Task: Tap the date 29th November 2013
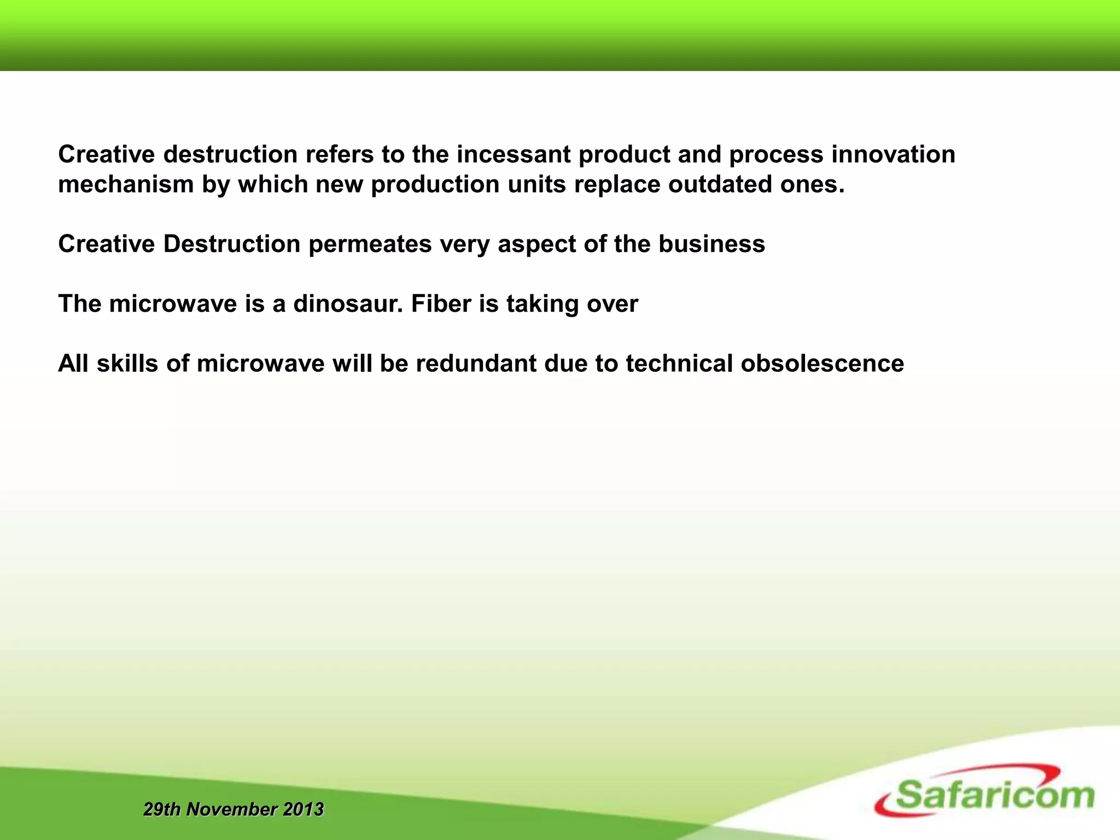(234, 809)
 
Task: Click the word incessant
(514, 154)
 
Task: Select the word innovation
(893, 154)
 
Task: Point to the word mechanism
(126, 184)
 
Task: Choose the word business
(711, 244)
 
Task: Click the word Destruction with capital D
(232, 244)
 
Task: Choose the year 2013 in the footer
(303, 809)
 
